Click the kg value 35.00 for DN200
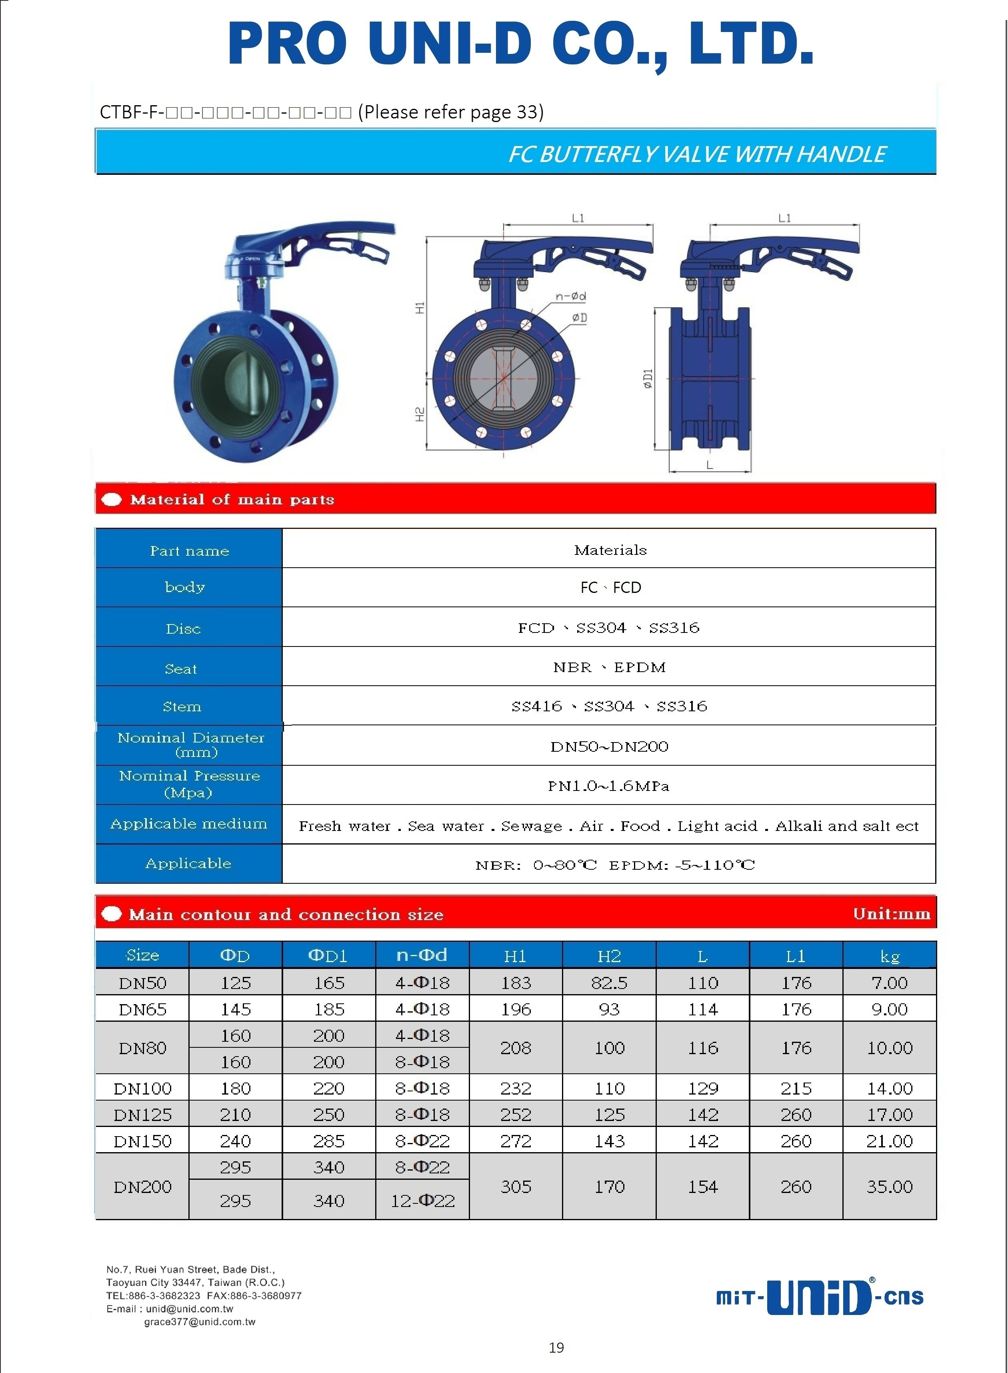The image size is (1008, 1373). tap(889, 1186)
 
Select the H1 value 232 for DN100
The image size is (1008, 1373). tap(516, 1088)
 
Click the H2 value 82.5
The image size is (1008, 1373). tap(609, 983)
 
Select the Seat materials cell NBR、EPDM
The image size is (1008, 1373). tap(609, 667)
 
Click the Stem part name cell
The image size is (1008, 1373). tap(182, 706)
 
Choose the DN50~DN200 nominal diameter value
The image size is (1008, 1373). tap(609, 746)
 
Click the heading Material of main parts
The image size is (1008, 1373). tap(232, 500)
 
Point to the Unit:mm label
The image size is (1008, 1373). tap(892, 913)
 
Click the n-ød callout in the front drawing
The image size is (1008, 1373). tap(570, 296)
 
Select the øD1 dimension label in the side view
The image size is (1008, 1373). tap(648, 378)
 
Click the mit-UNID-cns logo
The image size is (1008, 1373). tap(820, 1297)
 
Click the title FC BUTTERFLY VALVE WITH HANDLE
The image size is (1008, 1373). tap(697, 154)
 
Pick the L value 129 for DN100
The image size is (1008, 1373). tap(703, 1088)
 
